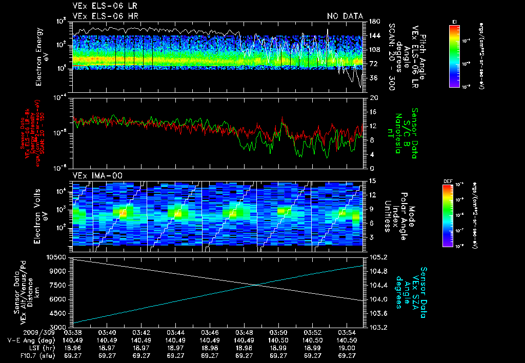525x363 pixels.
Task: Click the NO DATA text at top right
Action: pos(345,16)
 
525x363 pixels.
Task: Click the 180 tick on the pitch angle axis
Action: pos(374,22)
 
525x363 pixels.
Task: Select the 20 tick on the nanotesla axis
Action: pos(374,97)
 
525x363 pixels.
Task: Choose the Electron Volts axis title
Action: pos(42,212)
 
